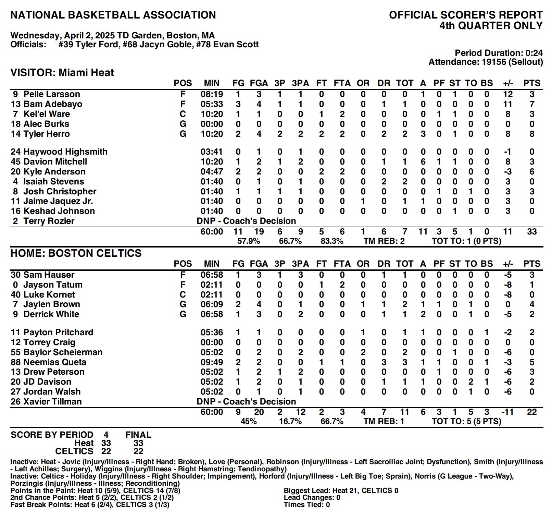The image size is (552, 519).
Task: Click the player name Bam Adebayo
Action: tap(53, 104)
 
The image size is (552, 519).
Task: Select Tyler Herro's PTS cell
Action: tap(531, 134)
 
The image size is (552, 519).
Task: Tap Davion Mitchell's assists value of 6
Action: tap(423, 161)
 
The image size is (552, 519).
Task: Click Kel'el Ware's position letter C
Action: tap(183, 114)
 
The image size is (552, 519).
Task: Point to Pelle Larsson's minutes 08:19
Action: tap(212, 94)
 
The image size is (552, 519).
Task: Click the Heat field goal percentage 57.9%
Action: tap(249, 241)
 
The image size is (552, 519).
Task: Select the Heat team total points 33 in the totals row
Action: tap(531, 231)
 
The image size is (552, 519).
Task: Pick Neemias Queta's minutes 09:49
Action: tap(212, 362)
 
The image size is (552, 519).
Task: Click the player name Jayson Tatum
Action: tap(53, 285)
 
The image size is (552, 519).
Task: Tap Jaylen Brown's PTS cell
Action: tap(531, 304)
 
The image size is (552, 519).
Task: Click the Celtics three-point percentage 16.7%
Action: tap(290, 421)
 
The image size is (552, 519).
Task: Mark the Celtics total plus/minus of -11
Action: tap(507, 412)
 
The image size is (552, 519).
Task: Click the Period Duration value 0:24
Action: tap(534, 53)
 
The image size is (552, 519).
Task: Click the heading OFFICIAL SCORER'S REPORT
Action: tap(466, 15)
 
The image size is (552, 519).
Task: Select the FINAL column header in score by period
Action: tap(138, 435)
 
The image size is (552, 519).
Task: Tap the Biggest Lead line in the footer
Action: tap(341, 491)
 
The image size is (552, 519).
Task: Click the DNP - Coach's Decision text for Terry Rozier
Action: tap(246, 221)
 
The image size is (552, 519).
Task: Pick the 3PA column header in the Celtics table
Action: tap(300, 264)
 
